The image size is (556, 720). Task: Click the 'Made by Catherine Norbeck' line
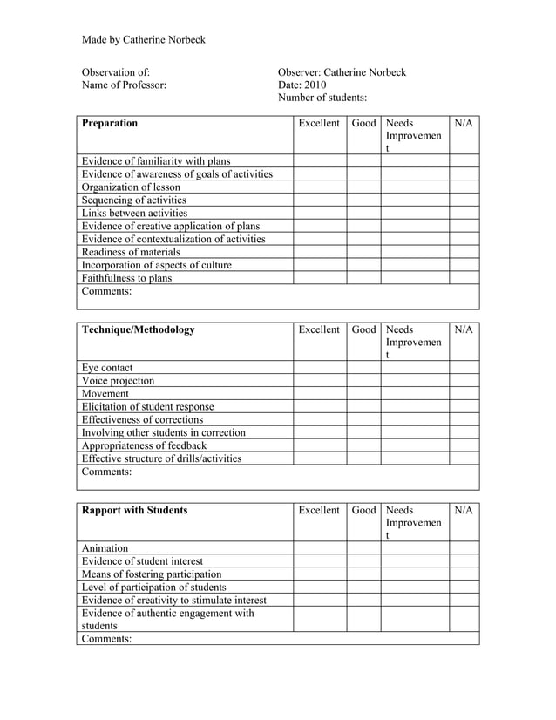pos(144,40)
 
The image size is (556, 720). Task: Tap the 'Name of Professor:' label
pos(123,85)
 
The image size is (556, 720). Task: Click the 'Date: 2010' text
pos(302,85)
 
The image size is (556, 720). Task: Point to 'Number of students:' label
pos(322,98)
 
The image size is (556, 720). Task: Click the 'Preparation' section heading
pos(110,123)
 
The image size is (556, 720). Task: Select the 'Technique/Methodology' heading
pos(138,329)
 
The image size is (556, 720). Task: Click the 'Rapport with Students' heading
pos(134,510)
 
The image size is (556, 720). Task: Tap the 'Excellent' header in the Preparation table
pos(319,123)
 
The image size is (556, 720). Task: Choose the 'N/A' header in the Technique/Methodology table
pos(464,329)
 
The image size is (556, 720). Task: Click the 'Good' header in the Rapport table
pos(363,510)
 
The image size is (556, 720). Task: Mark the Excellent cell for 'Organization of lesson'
pos(319,187)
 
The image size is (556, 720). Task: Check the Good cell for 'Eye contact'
pos(363,367)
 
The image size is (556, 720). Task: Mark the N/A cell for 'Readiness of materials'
pos(464,252)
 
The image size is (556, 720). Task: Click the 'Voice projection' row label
pos(118,380)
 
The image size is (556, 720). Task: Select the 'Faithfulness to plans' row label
pos(126,278)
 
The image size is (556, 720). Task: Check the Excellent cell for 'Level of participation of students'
pos(319,587)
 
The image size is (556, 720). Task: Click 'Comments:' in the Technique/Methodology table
pos(106,472)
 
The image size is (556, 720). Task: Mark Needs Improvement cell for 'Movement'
pos(415,393)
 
